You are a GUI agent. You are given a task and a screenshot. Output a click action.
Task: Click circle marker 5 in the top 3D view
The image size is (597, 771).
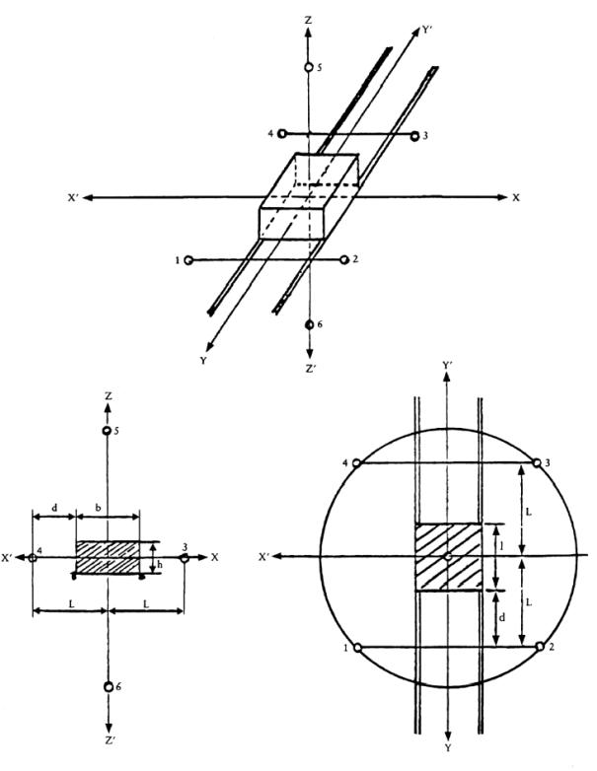pyautogui.click(x=309, y=67)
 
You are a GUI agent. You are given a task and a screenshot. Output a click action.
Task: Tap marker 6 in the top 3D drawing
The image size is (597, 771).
pyautogui.click(x=311, y=324)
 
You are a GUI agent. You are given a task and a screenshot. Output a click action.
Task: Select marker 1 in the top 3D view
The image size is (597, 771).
pyautogui.click(x=187, y=260)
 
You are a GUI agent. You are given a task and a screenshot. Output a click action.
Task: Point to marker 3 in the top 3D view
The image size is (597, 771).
pyautogui.click(x=414, y=135)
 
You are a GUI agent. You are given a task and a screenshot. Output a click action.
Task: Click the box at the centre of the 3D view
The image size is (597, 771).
pyautogui.click(x=308, y=197)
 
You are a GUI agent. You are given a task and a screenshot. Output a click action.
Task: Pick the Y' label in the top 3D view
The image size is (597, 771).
pyautogui.click(x=426, y=30)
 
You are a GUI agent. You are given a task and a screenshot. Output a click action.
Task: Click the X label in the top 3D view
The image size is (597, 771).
pyautogui.click(x=515, y=198)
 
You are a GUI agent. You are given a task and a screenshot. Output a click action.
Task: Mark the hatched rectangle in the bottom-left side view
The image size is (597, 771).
pyautogui.click(x=108, y=557)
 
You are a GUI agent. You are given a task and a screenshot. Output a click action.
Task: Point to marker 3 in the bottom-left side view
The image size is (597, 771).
pyautogui.click(x=185, y=558)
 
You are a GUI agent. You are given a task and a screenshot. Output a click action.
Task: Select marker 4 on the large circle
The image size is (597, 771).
pyautogui.click(x=356, y=462)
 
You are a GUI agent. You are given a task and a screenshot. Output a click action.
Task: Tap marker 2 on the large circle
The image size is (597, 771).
pyautogui.click(x=538, y=647)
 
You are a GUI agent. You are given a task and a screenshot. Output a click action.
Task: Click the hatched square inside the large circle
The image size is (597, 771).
pyautogui.click(x=448, y=557)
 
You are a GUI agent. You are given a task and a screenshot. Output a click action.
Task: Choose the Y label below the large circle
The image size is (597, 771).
pyautogui.click(x=449, y=759)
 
